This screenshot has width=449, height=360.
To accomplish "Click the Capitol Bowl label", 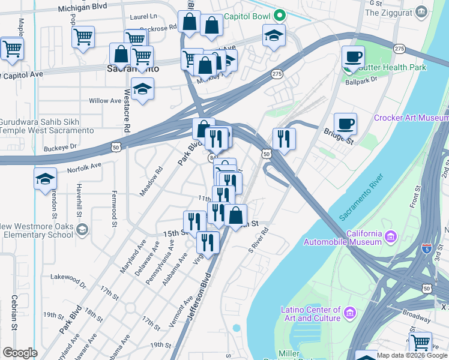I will pyautogui.click(x=247, y=16).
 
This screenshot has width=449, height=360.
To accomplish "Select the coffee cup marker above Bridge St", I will pyautogui.click(x=345, y=124).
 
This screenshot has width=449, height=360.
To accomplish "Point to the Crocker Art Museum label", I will pyautogui.click(x=411, y=118).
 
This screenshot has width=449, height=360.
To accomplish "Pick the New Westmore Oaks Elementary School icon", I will pyautogui.click(x=82, y=229).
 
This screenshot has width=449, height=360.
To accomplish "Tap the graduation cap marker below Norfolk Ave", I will pyautogui.click(x=45, y=179).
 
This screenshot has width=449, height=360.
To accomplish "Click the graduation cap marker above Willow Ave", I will pyautogui.click(x=142, y=89).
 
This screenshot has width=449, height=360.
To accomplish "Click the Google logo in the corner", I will pyautogui.click(x=20, y=353).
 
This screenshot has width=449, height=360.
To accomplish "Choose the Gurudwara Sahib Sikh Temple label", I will pyautogui.click(x=47, y=126).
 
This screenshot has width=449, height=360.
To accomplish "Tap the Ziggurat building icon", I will pyautogui.click(x=421, y=11).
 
